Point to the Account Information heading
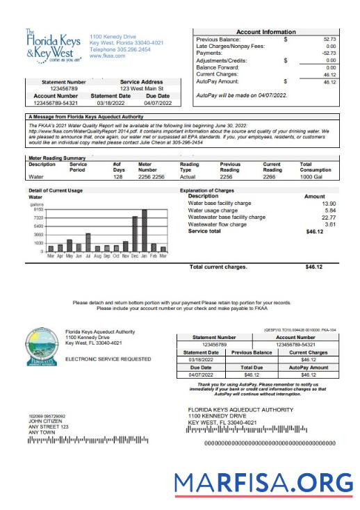point(265,32)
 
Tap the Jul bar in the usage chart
point(88,242)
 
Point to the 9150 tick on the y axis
point(37,209)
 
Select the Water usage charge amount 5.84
point(329,210)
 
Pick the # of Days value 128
point(118,176)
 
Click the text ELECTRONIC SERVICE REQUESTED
point(108,359)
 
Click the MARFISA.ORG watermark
point(263,482)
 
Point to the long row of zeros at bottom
point(269,442)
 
